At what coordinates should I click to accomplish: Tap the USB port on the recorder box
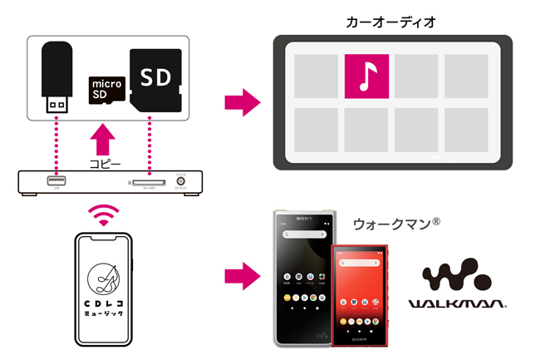56,180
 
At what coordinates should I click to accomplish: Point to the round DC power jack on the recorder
179,180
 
